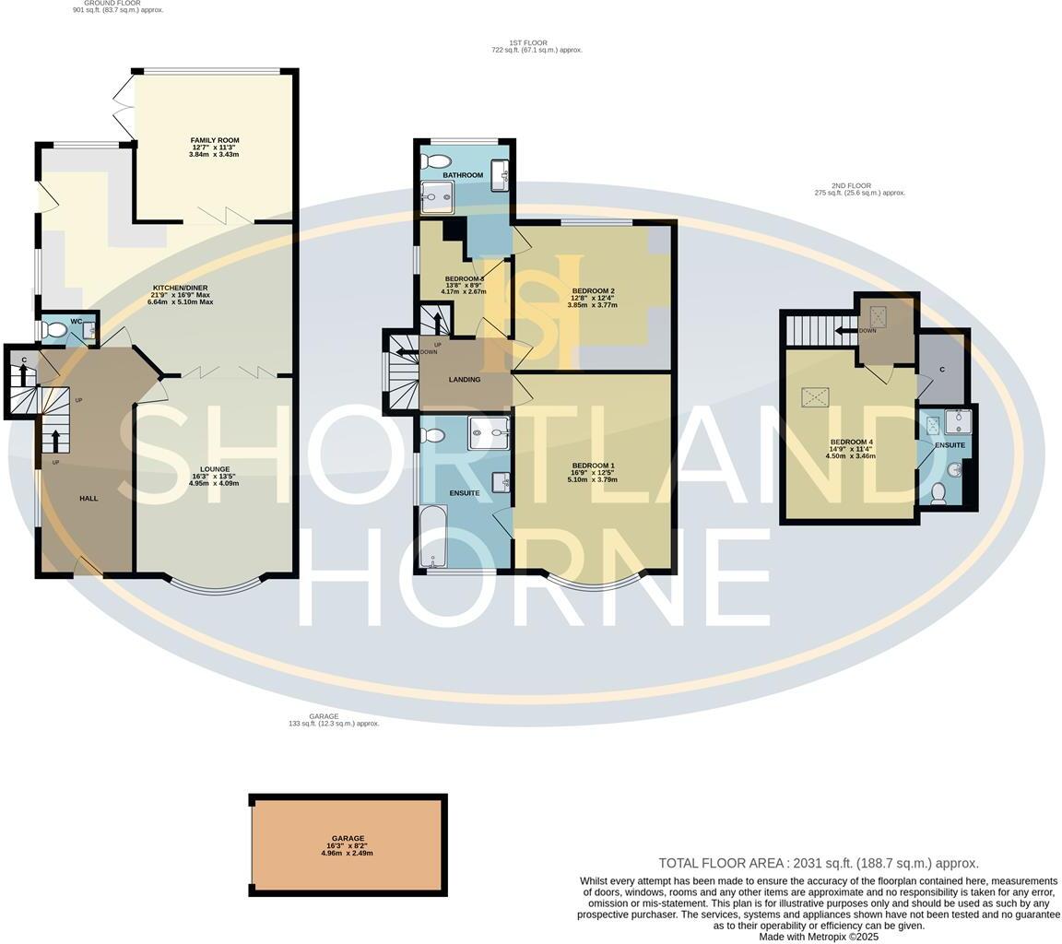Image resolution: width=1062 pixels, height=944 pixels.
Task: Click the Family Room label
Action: click(x=215, y=141)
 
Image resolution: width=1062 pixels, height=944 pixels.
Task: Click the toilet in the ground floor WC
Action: click(x=53, y=330)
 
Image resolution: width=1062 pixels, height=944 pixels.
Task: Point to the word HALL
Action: click(x=88, y=499)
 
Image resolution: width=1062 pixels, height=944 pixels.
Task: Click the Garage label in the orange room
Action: click(x=348, y=839)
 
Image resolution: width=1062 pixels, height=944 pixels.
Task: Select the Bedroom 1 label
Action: click(x=592, y=466)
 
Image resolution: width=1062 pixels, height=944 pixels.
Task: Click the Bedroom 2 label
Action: click(x=593, y=291)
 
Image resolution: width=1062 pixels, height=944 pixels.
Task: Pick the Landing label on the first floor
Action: click(x=465, y=380)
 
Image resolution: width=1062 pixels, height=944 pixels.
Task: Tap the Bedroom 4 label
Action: click(x=851, y=442)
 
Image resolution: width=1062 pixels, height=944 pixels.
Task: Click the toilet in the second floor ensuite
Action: click(x=938, y=494)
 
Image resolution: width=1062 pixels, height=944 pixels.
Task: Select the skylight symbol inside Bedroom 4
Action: click(x=815, y=397)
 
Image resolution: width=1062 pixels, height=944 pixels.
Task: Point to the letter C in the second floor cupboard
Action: click(x=941, y=370)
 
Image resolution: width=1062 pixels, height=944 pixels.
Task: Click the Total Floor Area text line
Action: click(x=818, y=864)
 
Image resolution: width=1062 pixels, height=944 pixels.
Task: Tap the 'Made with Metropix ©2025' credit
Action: click(x=818, y=937)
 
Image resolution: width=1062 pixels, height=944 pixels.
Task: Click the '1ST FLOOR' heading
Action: click(x=528, y=43)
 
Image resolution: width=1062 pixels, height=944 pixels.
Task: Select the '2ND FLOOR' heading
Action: click(x=855, y=186)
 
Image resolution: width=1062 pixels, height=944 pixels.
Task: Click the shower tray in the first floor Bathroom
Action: click(x=437, y=195)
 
